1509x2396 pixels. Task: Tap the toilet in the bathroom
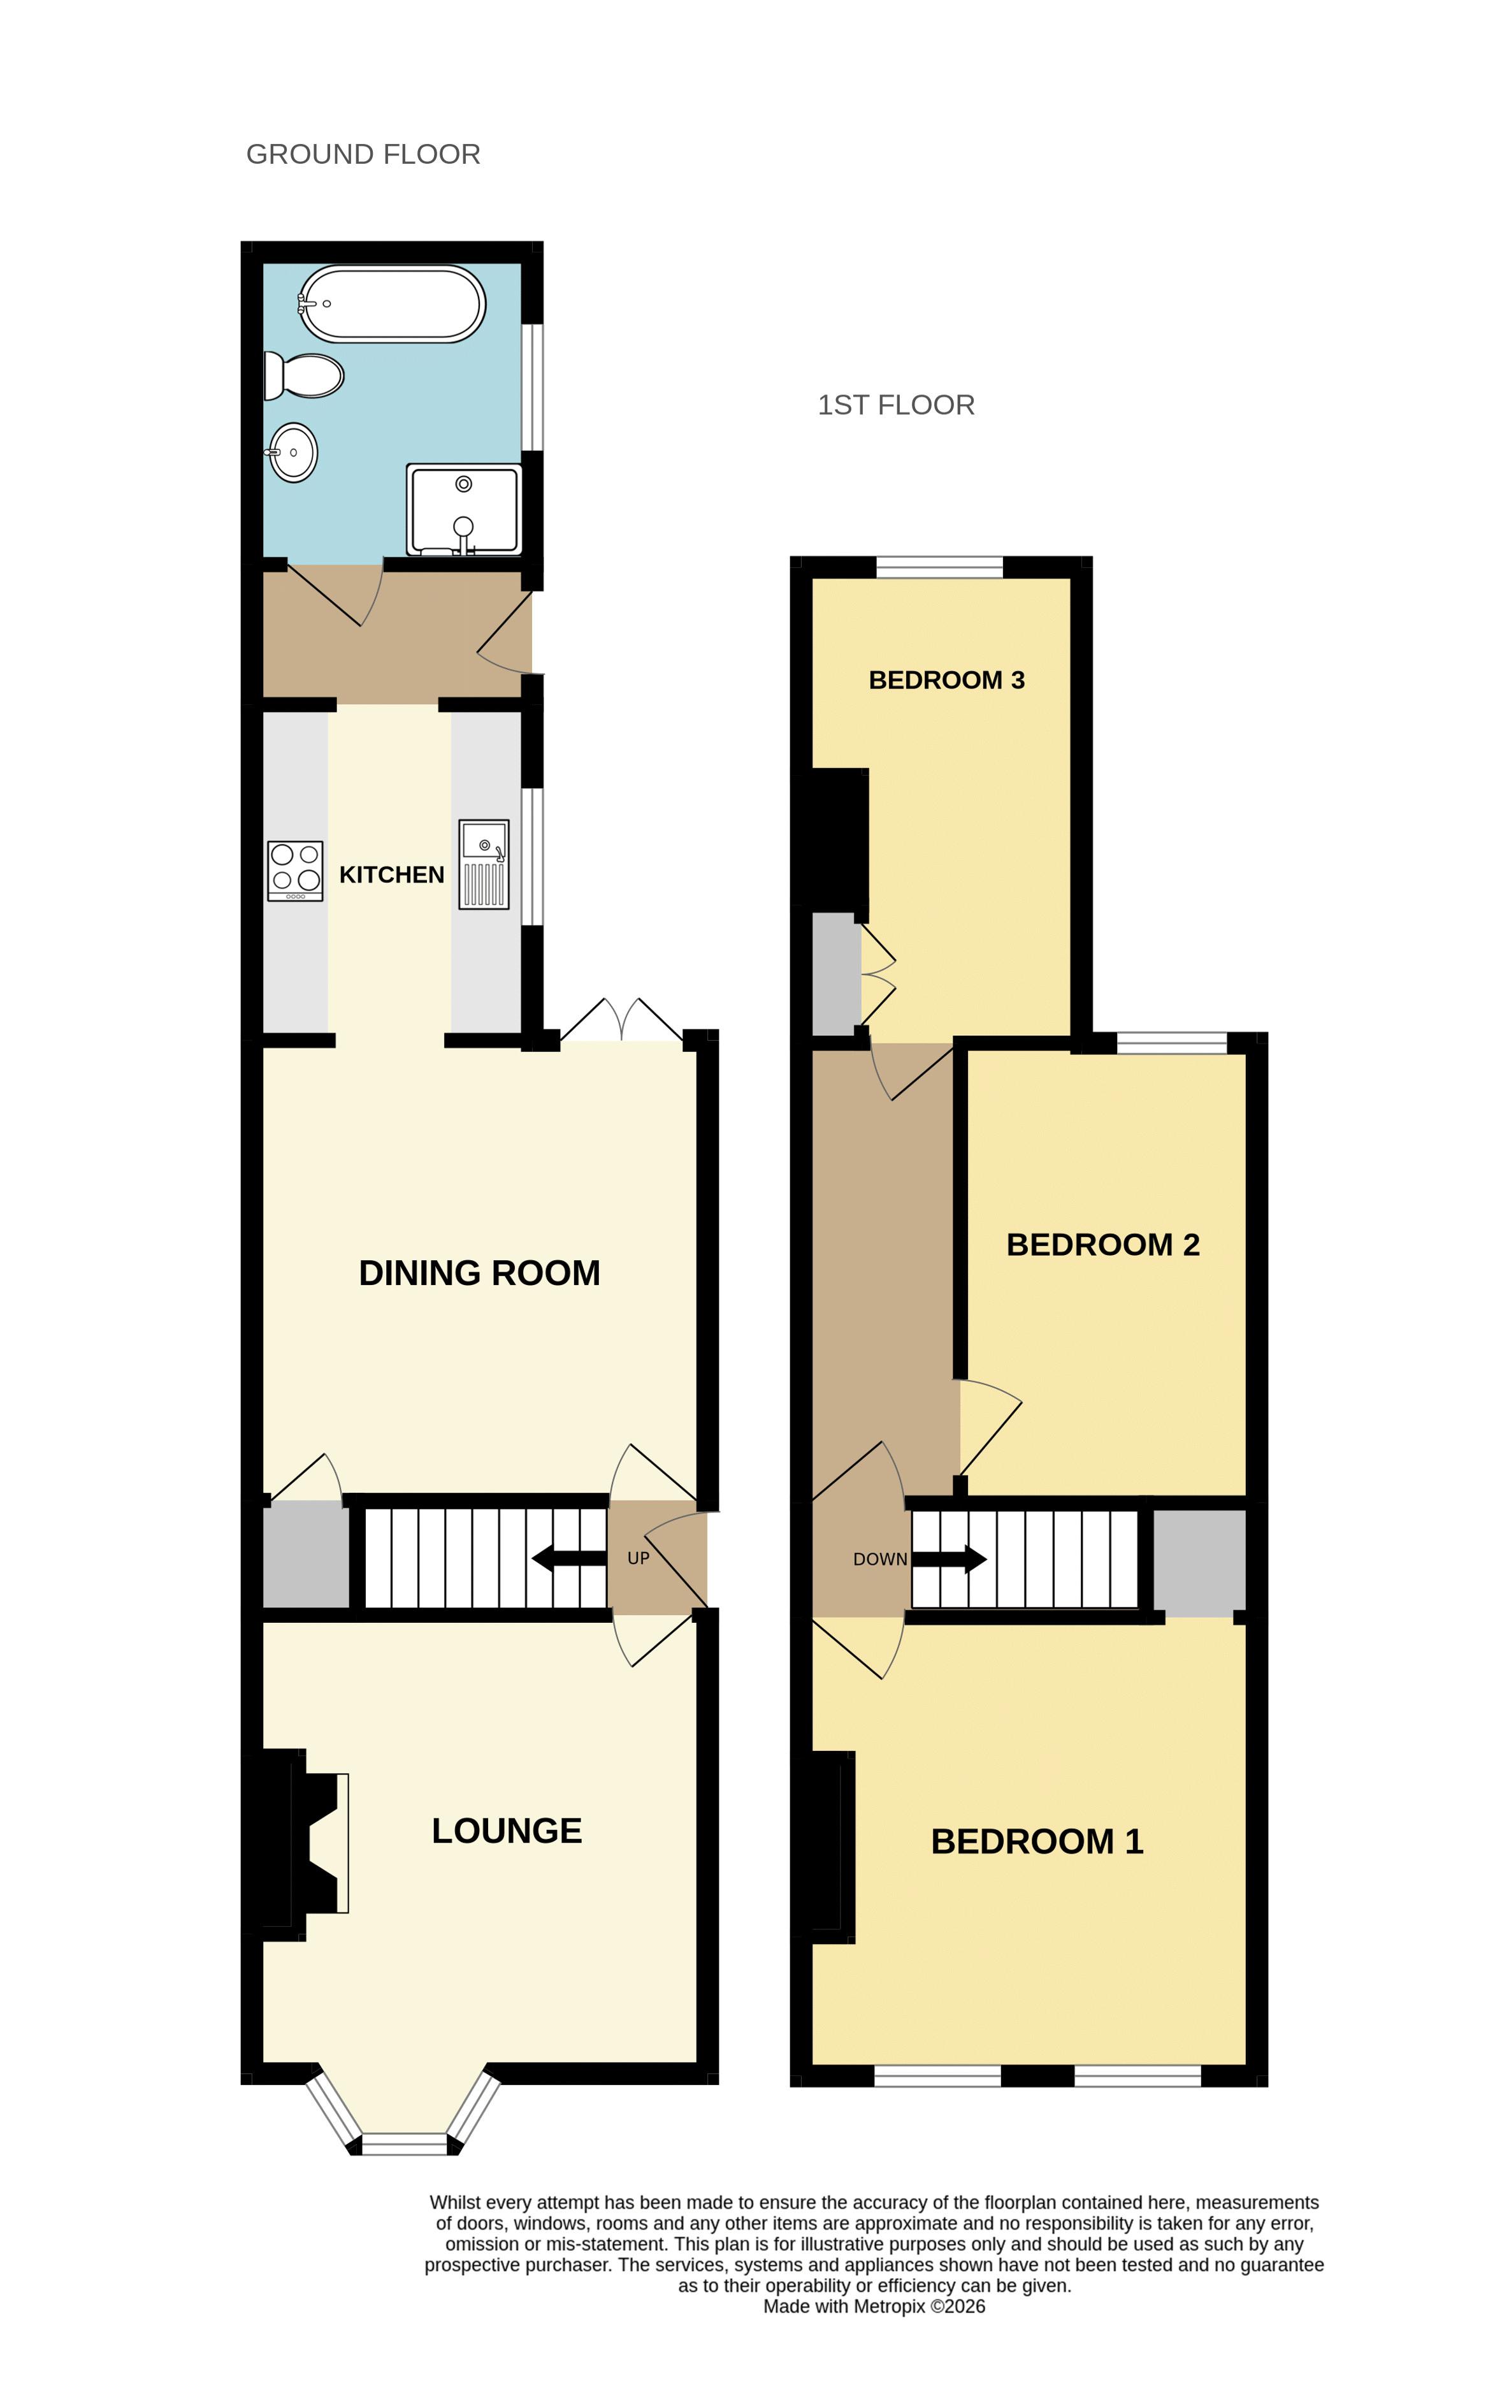tap(303, 376)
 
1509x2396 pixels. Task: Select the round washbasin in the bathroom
tap(292, 453)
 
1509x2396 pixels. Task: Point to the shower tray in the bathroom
tap(463, 509)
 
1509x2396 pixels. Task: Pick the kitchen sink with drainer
tap(484, 864)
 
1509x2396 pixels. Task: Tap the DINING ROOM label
tap(479, 1273)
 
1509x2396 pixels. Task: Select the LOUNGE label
tap(507, 1831)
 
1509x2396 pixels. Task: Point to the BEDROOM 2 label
tap(1103, 1245)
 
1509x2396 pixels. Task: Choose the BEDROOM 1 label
tap(1037, 1841)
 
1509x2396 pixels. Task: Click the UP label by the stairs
tap(639, 1558)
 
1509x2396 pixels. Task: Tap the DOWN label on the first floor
tap(880, 1559)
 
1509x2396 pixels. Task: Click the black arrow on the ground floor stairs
tap(569, 1558)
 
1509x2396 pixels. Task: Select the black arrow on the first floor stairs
tap(949, 1559)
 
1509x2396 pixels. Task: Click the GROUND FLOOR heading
tap(363, 154)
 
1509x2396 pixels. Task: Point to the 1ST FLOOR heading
tap(896, 405)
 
